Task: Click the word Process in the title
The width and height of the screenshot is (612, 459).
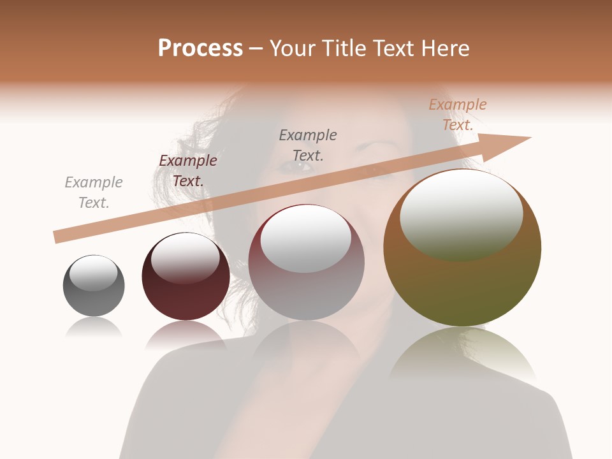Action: tap(200, 48)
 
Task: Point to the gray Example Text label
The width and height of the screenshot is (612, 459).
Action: tap(94, 193)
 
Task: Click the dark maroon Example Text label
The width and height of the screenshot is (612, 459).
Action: tap(188, 171)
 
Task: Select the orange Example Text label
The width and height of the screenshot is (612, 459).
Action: tap(458, 115)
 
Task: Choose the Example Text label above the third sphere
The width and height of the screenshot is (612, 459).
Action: tap(308, 145)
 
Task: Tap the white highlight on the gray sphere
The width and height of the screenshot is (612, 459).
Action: tap(93, 273)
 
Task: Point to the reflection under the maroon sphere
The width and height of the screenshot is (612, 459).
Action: tap(186, 335)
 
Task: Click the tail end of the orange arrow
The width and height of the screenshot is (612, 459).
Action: tap(57, 237)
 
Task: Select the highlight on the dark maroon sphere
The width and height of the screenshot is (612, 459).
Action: tap(185, 258)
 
